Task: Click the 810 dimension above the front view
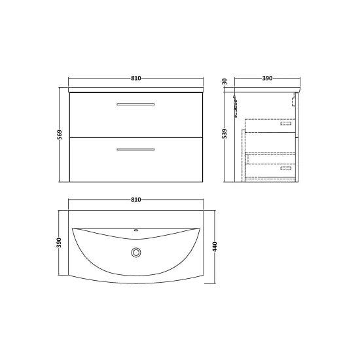135,79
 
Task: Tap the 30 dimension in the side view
224,82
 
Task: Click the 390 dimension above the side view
266,79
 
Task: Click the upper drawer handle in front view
135,104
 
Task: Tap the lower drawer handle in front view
135,150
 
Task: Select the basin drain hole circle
135,252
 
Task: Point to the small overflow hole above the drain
135,230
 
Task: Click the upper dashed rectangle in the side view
286,122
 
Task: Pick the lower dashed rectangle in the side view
286,168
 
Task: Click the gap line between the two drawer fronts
135,136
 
